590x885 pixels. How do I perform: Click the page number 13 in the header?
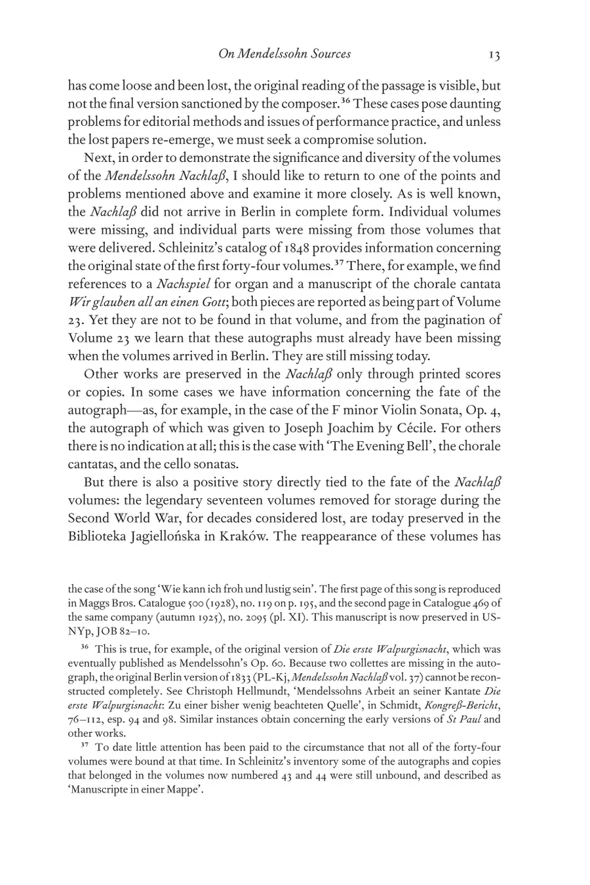point(494,55)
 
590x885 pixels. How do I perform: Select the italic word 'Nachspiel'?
point(178,284)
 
